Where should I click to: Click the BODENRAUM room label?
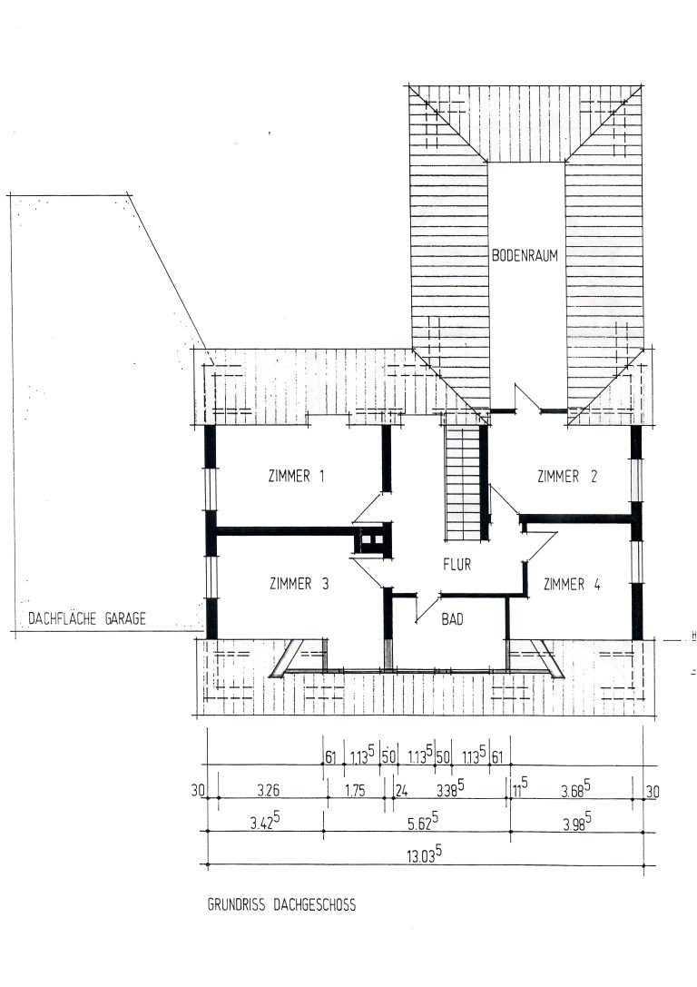(x=525, y=255)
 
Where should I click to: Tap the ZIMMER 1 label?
(x=296, y=476)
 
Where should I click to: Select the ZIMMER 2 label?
(x=567, y=477)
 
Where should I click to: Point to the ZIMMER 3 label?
(x=299, y=584)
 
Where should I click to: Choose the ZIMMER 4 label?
(x=572, y=585)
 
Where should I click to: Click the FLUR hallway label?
(x=456, y=564)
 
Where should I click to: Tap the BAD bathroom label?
(x=452, y=619)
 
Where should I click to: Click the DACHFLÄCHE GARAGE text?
(x=87, y=618)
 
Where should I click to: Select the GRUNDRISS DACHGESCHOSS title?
(x=282, y=904)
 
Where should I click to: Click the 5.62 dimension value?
(x=422, y=820)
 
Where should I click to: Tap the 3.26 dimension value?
(x=268, y=790)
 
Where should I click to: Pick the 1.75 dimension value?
(x=355, y=790)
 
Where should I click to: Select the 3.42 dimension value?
(x=264, y=821)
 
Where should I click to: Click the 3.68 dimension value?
(x=575, y=789)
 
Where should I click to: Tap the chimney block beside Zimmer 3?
(x=372, y=539)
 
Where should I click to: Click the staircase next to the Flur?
(x=463, y=482)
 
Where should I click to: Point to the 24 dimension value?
(x=401, y=790)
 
